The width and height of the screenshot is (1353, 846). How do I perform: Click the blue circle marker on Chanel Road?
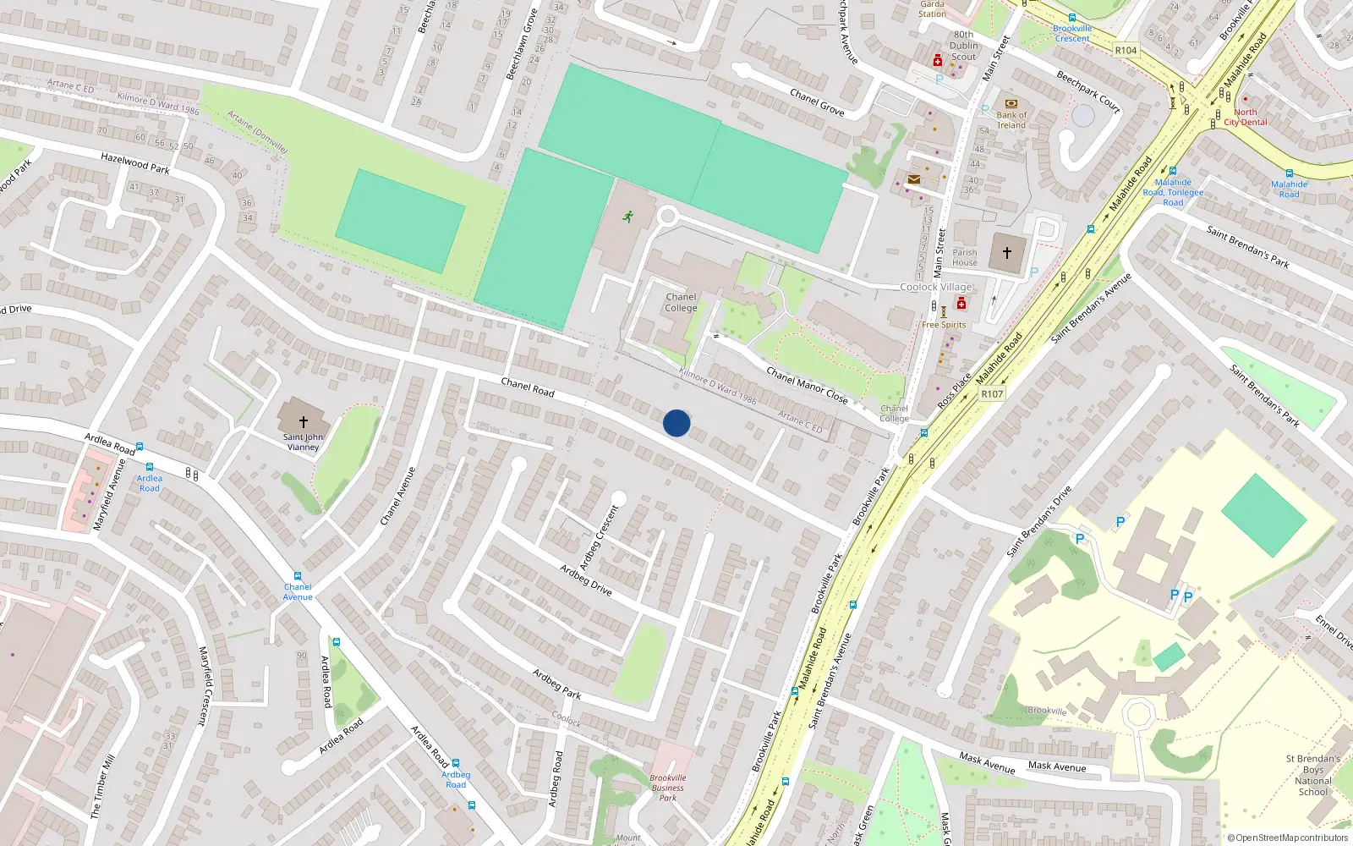coord(676,423)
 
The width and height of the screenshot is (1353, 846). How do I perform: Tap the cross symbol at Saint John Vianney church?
coord(303,421)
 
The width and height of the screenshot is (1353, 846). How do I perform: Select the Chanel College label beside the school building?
coord(681,303)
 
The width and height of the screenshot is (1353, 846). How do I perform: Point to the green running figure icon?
coord(627,217)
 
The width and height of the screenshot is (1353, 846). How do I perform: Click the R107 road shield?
coord(992,394)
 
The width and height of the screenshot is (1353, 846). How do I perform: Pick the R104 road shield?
coord(1126,51)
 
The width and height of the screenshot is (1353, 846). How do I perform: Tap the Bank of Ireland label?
coord(1011,120)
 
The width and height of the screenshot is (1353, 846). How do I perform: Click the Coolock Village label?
coord(936,287)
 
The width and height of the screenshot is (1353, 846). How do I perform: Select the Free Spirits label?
coord(944,325)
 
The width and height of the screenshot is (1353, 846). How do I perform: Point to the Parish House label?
coord(965,257)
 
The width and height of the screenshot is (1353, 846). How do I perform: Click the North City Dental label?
coord(1246,118)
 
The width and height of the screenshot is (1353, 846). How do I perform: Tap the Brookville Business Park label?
coord(668,788)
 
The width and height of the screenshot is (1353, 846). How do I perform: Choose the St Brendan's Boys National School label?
coord(1313,775)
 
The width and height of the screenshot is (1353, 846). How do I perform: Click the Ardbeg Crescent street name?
coord(600,537)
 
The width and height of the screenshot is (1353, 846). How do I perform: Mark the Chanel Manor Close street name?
coord(807,385)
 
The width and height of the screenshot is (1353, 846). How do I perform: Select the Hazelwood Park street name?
coord(135,163)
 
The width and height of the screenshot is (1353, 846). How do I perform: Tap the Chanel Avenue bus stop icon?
coord(298,576)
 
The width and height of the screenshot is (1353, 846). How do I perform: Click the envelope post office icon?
coord(914,179)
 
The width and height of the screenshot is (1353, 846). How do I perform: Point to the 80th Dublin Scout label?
coord(964,47)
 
